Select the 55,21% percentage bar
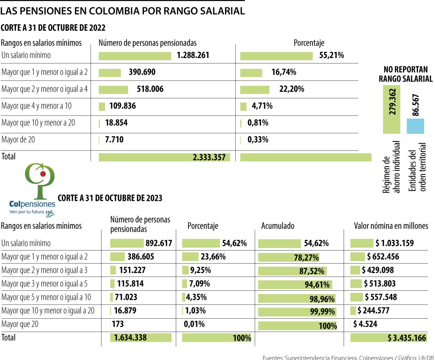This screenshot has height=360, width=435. (276, 56)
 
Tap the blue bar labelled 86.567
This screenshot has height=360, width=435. (415, 126)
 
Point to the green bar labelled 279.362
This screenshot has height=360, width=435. (391, 109)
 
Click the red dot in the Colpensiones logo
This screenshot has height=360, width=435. (43, 174)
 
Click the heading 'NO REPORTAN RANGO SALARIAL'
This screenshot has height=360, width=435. (405, 74)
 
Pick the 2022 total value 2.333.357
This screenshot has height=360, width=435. (209, 157)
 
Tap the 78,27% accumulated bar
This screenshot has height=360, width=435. (289, 257)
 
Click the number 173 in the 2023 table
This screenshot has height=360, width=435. (118, 324)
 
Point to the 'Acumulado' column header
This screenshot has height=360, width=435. (278, 226)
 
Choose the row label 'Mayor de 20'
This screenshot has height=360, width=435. (18, 139)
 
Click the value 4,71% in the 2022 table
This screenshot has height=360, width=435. (262, 106)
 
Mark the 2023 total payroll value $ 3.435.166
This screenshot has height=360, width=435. (407, 338)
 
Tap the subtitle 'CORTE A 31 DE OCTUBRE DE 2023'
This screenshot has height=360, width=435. (110, 198)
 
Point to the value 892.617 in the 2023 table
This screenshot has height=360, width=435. (158, 243)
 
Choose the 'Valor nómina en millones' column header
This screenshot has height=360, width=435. (391, 226)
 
